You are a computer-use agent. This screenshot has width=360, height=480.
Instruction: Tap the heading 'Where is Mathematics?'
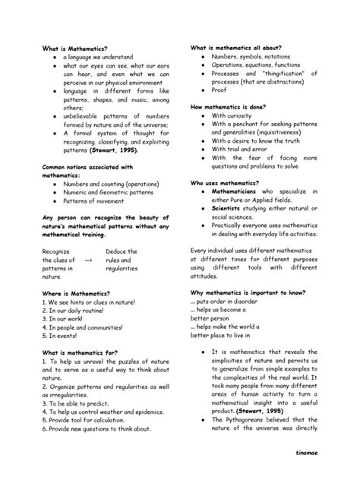pos(76,293)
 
